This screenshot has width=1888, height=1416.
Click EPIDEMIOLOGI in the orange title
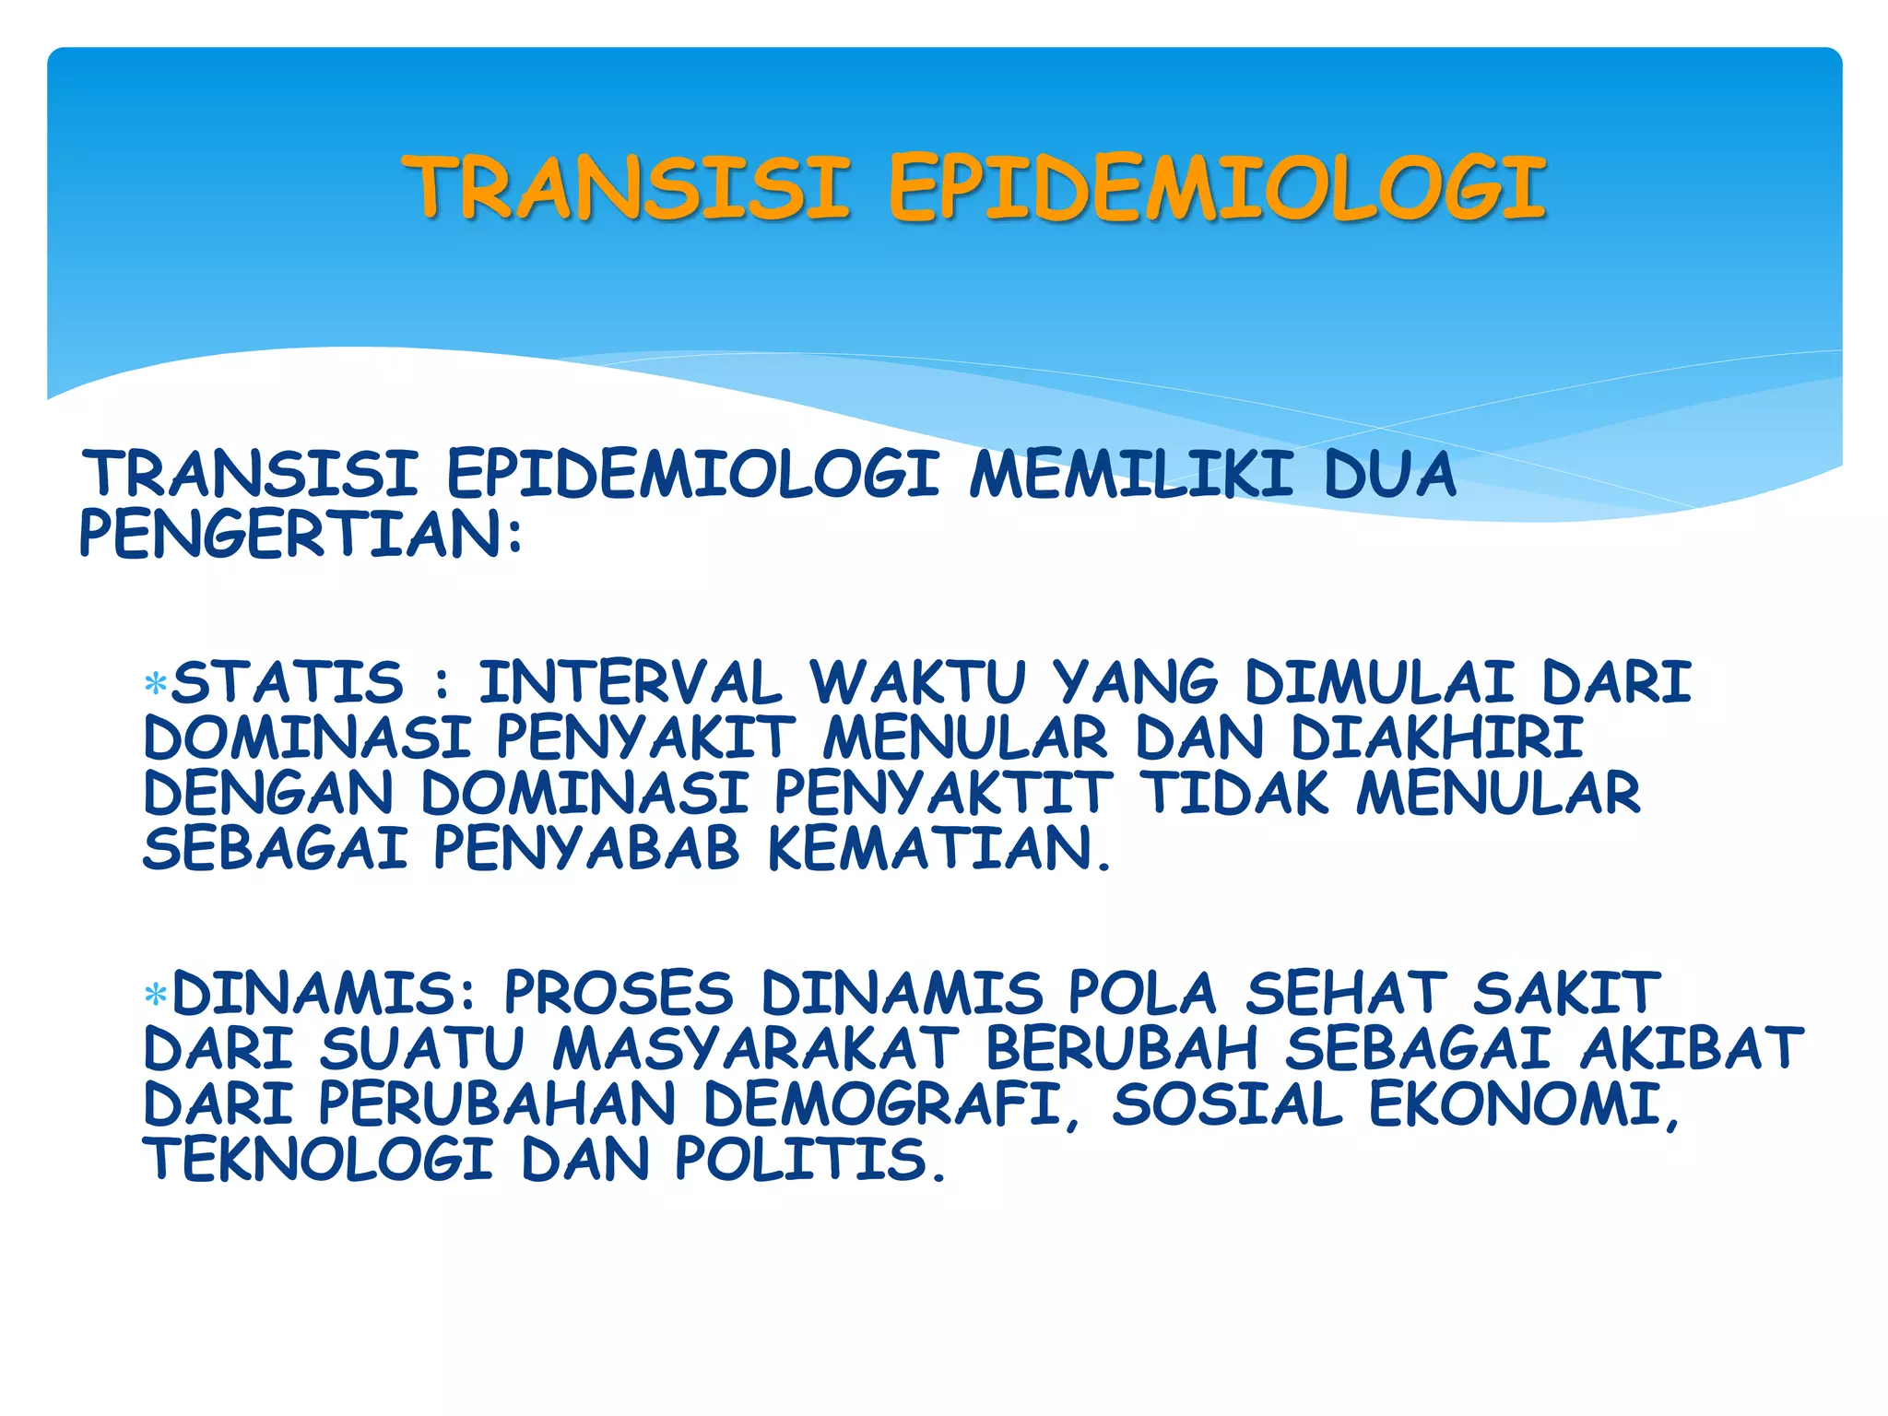point(1217,188)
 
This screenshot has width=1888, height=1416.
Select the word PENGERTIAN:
point(301,535)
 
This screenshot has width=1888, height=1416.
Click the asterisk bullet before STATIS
point(156,684)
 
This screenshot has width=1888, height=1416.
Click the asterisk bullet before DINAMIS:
point(156,995)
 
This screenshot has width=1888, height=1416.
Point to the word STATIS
point(288,682)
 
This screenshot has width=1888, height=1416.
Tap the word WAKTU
point(917,683)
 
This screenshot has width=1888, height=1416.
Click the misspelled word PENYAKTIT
point(942,794)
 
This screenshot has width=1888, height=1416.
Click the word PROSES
point(619,994)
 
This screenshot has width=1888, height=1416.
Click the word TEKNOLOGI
point(319,1160)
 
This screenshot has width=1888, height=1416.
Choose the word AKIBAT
point(1692,1049)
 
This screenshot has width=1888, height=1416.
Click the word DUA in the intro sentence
point(1389,476)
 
